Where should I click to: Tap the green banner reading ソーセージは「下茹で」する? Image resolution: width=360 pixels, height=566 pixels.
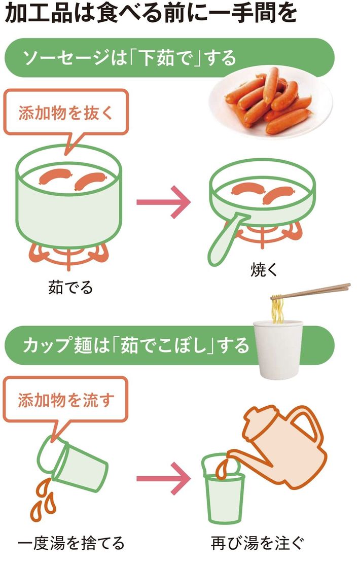click(169, 58)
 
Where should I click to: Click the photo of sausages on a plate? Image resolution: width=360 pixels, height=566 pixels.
click(271, 102)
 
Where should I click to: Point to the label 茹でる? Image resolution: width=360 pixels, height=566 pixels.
click(70, 288)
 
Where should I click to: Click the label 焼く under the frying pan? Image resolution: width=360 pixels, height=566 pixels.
click(264, 269)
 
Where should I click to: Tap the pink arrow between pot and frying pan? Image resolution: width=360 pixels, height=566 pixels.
click(163, 202)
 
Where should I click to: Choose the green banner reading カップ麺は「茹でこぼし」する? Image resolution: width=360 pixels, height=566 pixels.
click(169, 345)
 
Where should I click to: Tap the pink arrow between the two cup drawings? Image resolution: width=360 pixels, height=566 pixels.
click(163, 479)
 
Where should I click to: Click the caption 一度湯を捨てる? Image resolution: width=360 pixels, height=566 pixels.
click(70, 543)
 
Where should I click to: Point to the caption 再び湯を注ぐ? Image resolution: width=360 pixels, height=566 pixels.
click(258, 543)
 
